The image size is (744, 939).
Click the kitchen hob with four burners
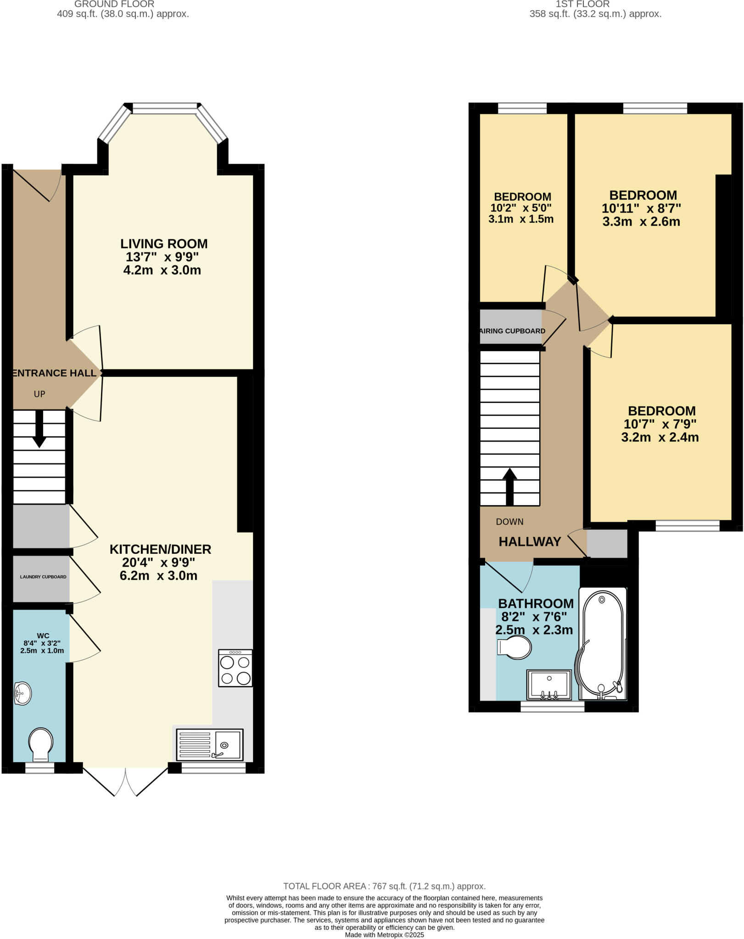point(235,668)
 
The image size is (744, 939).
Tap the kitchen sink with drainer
point(209,745)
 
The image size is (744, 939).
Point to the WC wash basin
point(22,694)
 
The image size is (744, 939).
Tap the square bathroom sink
point(549,685)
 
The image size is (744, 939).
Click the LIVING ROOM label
point(164,244)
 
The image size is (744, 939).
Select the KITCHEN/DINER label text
point(160,549)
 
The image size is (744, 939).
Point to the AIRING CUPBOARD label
point(512,331)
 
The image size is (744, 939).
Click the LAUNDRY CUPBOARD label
point(43,577)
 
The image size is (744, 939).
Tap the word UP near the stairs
point(39,394)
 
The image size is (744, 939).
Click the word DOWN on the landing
point(509,522)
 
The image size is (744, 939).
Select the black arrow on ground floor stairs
point(39,429)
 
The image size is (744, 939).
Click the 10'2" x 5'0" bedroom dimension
point(521,208)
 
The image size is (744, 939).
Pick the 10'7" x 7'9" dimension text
point(660,424)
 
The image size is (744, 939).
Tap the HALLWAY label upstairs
point(530,542)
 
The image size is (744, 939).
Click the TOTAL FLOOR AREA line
point(384,886)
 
